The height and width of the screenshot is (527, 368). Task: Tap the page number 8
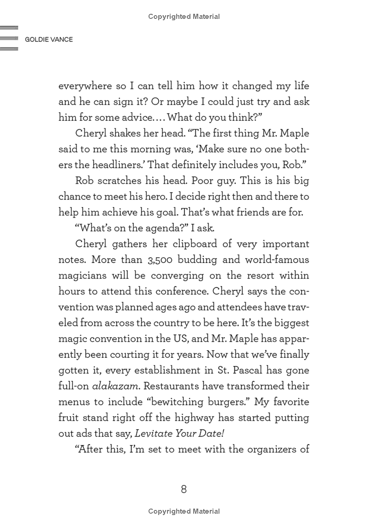[x=184, y=489]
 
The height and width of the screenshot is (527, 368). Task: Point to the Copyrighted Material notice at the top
[x=184, y=17]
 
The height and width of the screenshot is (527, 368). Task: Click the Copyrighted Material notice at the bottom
[x=184, y=511]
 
